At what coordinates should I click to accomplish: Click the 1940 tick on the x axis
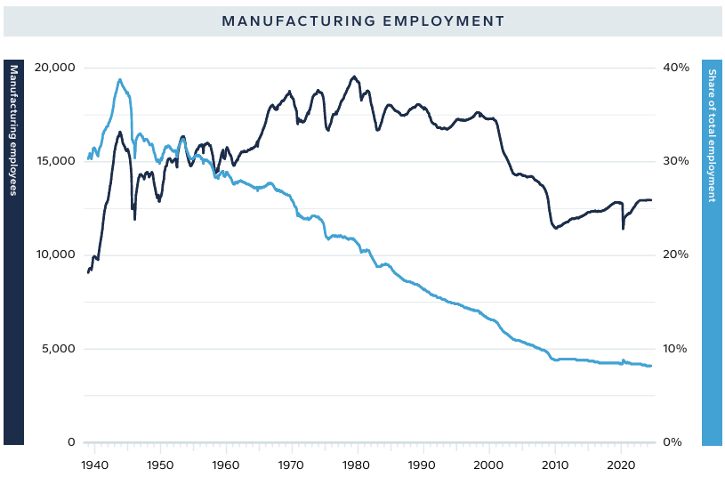[94, 465]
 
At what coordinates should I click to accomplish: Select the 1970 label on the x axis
[291, 465]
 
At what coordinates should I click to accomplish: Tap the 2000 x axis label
[488, 465]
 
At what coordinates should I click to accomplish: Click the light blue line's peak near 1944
[119, 79]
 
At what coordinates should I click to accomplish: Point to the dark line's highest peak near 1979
[354, 77]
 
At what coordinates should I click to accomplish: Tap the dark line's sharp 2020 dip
[623, 228]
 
